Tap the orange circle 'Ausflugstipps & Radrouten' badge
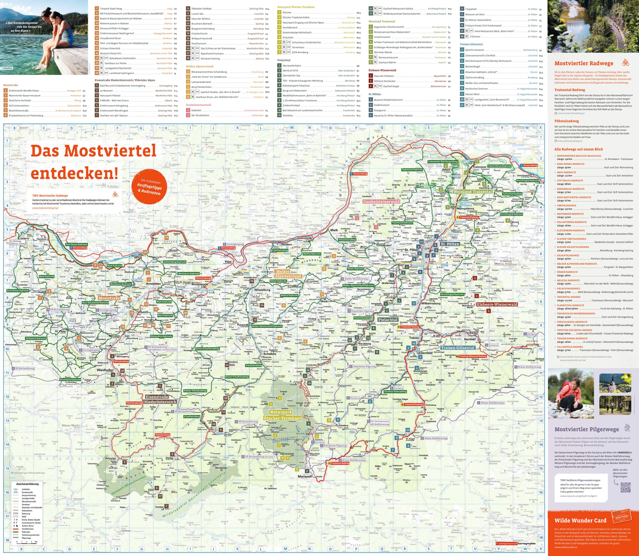coord(149,187)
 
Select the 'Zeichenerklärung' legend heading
coord(27,484)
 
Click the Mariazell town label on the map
coord(305,476)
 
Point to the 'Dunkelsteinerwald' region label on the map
coord(381,201)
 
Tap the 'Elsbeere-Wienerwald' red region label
coord(497,304)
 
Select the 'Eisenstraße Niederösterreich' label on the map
coord(160,399)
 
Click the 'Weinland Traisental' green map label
coord(472,192)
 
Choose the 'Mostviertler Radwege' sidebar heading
coord(584,63)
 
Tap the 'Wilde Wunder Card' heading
coord(580,520)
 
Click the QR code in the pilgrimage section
coord(625,487)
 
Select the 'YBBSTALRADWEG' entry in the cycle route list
coord(566,205)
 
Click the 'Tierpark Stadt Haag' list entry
coord(111,9)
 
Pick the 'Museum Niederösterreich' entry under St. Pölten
coord(388,100)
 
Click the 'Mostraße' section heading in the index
coord(11,85)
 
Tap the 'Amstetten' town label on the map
coord(153,284)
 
